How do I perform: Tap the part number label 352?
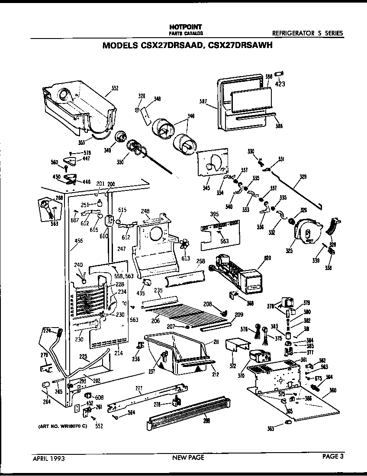[x=115, y=89]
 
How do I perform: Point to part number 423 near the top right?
[x=280, y=84]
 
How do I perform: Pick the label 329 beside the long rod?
[x=303, y=177]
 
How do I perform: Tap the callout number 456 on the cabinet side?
[x=78, y=241]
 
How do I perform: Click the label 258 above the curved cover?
[x=200, y=262]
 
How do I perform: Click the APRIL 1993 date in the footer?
[x=49, y=457]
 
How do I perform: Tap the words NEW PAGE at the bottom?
[x=188, y=457]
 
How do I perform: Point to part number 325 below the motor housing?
[x=289, y=251]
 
